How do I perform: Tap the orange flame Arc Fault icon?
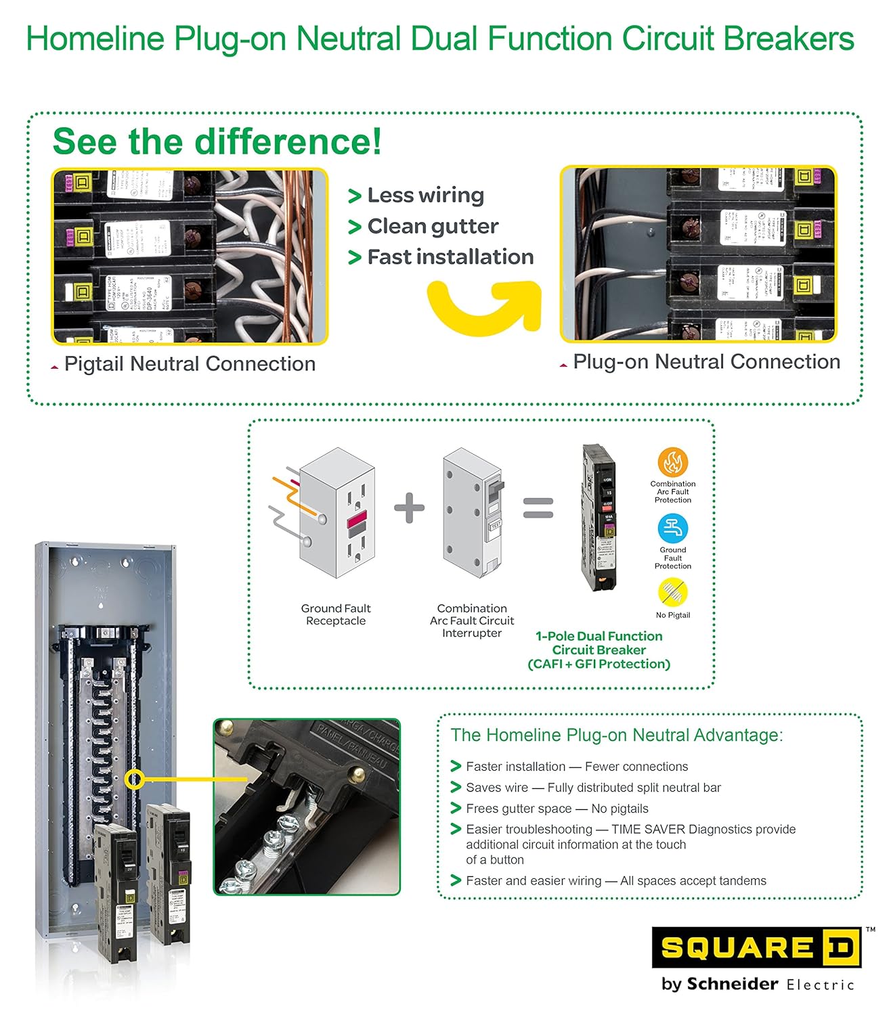[672, 463]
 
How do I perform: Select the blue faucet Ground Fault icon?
[672, 528]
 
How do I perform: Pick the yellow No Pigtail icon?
[672, 592]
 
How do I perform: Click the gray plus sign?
[410, 507]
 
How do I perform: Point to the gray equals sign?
[538, 507]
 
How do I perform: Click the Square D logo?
[756, 947]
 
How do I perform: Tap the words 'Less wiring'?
[425, 196]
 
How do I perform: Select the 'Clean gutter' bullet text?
[433, 227]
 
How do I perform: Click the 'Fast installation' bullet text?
[450, 257]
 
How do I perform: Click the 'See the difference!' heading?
[217, 141]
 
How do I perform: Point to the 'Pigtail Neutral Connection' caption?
[190, 364]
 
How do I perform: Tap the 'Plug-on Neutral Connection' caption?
[706, 362]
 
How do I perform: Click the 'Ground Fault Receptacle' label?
[336, 614]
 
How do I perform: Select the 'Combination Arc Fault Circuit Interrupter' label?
[472, 621]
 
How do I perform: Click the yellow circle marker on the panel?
[135, 779]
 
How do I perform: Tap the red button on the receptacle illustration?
[357, 520]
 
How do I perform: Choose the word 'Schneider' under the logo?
[732, 984]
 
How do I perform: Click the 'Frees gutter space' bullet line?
[557, 809]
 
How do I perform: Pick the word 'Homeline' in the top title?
[95, 39]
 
